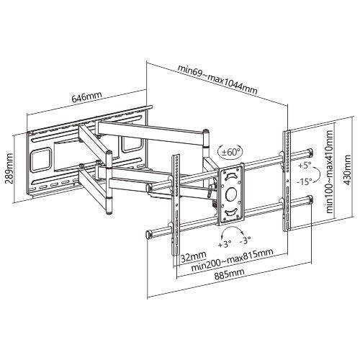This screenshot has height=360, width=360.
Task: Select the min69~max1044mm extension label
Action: point(217,69)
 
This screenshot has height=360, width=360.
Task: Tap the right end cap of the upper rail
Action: point(310,152)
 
